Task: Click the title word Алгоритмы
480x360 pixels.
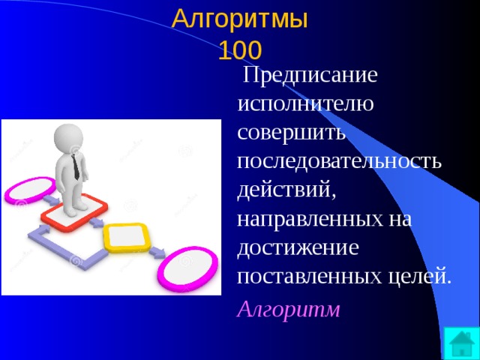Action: pyautogui.click(x=240, y=18)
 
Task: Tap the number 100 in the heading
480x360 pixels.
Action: pyautogui.click(x=240, y=50)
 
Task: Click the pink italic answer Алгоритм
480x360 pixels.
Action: pyautogui.click(x=288, y=309)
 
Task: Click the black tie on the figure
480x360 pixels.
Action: pyautogui.click(x=76, y=163)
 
